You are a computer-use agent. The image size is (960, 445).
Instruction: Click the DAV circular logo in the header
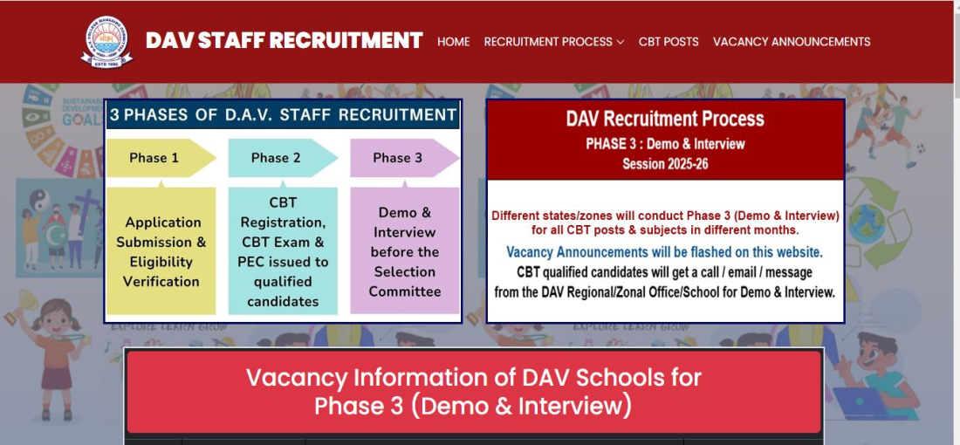tap(107, 42)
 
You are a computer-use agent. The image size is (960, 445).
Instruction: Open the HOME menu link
tap(454, 42)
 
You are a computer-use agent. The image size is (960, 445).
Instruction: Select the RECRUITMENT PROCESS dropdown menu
tap(554, 42)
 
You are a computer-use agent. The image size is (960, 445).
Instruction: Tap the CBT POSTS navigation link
tap(669, 42)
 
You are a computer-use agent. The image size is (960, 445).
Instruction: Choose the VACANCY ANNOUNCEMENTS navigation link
tap(792, 42)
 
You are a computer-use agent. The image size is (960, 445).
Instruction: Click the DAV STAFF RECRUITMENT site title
tap(285, 40)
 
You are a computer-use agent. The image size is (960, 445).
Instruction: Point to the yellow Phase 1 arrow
tap(161, 158)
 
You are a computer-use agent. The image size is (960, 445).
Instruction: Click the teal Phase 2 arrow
tap(283, 158)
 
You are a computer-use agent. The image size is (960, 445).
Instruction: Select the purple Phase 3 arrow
tap(405, 158)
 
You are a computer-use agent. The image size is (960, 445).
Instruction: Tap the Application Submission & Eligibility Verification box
tap(161, 251)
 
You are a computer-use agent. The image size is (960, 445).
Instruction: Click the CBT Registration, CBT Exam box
tap(283, 251)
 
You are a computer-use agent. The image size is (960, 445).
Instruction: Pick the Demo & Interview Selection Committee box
tap(405, 251)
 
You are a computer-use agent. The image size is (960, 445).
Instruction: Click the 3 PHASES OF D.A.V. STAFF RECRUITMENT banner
tap(283, 115)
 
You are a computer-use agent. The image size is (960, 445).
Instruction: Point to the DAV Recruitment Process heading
tap(665, 119)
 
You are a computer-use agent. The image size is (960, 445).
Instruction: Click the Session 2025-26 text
tap(666, 164)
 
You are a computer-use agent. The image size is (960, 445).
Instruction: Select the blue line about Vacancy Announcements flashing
tap(665, 251)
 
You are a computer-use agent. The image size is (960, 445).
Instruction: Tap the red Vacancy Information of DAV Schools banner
tap(473, 392)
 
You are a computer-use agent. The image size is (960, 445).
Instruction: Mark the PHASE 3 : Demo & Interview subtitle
tap(666, 145)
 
